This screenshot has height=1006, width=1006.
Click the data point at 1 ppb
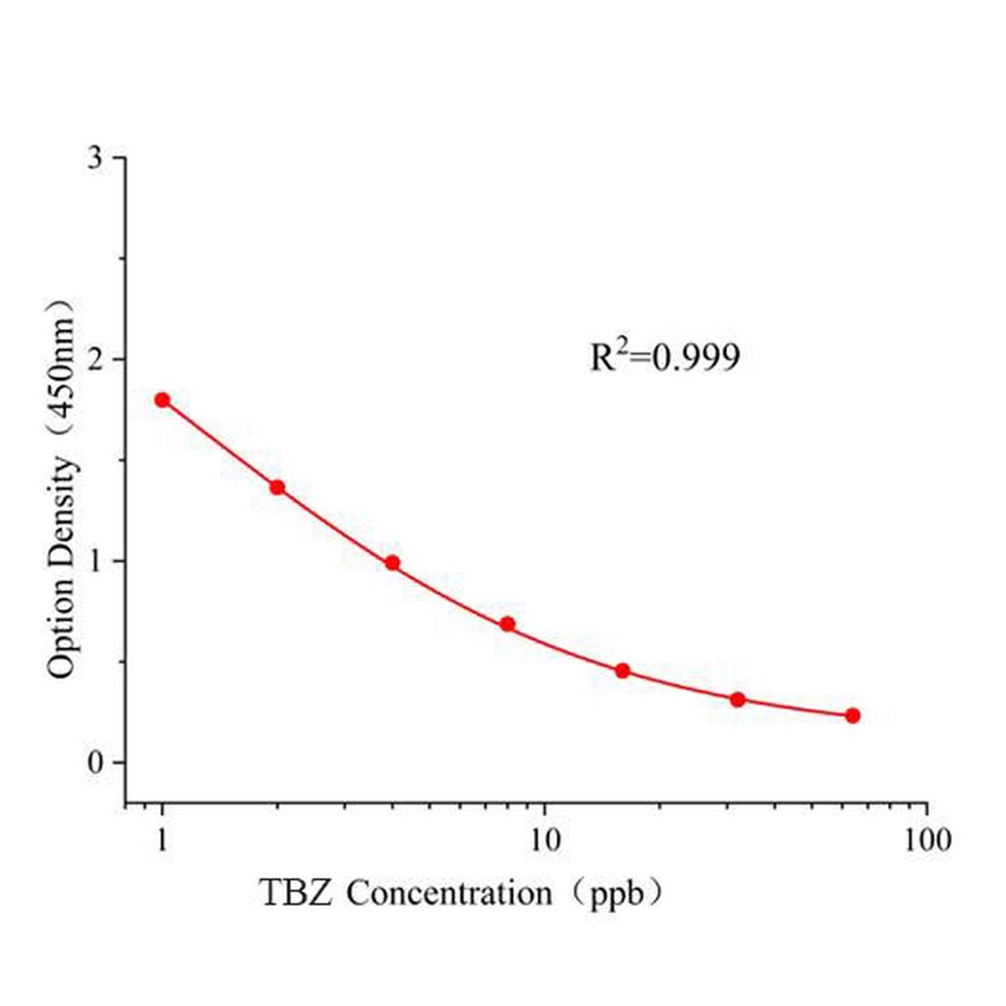click(x=162, y=400)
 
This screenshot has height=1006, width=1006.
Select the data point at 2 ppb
click(x=277, y=487)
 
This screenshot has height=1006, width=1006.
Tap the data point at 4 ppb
click(x=392, y=563)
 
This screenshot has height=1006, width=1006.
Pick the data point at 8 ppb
click(x=507, y=624)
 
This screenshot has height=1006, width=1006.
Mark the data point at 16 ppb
click(x=622, y=671)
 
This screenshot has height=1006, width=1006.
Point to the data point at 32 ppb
click(x=737, y=699)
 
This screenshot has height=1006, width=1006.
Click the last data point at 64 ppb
click(x=852, y=715)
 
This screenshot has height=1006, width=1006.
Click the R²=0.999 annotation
click(x=664, y=359)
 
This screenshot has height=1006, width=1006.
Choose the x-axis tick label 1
click(x=162, y=840)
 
